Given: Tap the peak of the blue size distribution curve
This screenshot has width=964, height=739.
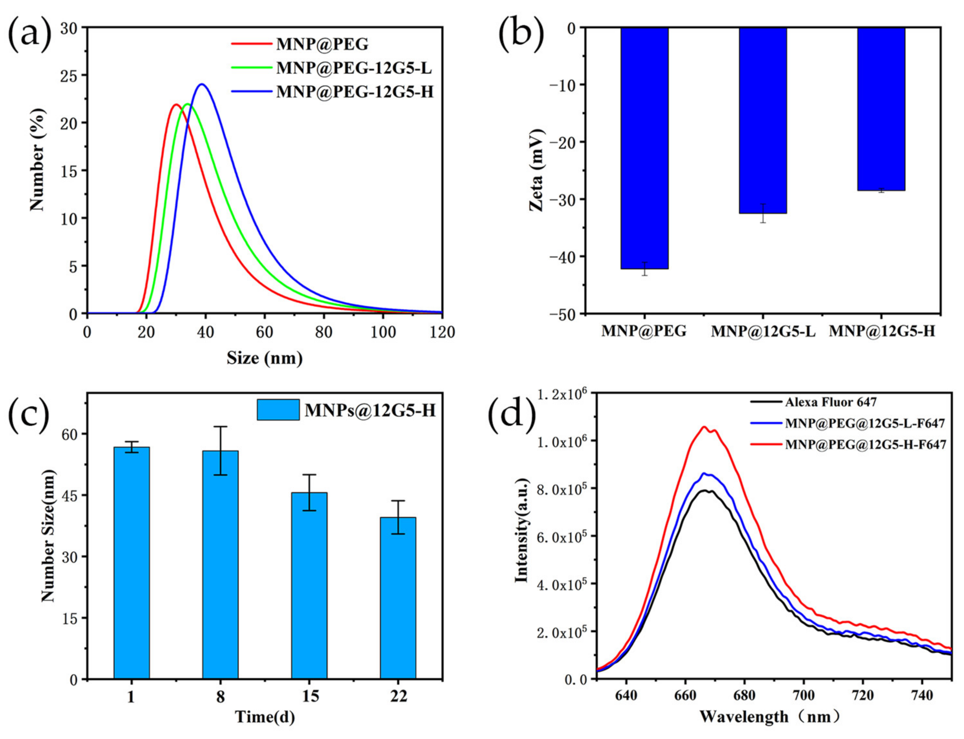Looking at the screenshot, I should pyautogui.click(x=202, y=84).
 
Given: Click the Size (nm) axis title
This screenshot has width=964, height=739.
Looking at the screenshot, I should pyautogui.click(x=264, y=358).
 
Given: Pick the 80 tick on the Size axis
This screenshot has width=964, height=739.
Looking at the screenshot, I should pyautogui.click(x=324, y=332).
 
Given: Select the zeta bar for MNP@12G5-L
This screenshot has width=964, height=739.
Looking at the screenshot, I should pyautogui.click(x=762, y=121).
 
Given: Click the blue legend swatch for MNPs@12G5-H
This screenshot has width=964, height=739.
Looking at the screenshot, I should pyautogui.click(x=278, y=410).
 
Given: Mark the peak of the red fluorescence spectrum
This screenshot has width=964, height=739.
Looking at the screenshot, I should pyautogui.click(x=704, y=427).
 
